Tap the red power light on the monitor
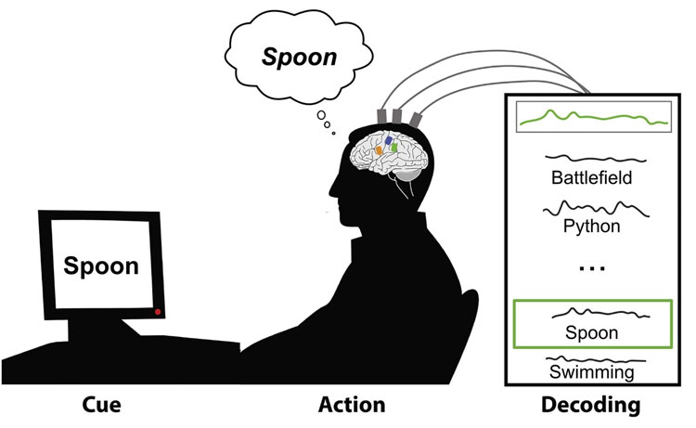click(x=159, y=311)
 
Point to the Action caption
click(x=352, y=406)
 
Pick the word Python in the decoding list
click(x=593, y=225)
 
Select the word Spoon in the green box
click(x=593, y=331)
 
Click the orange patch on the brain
click(x=380, y=148)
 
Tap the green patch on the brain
click(x=396, y=147)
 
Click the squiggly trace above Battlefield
click(x=593, y=160)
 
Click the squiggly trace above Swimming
click(x=593, y=357)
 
